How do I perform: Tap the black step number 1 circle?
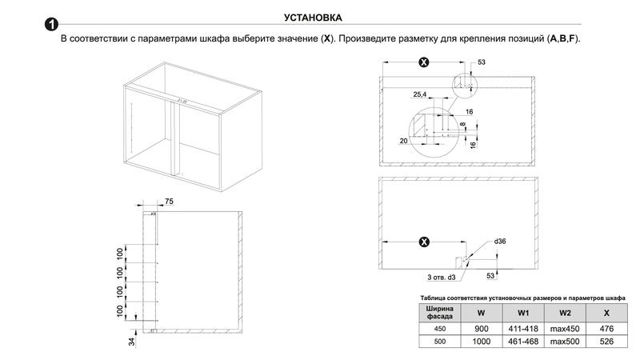click(x=50, y=30)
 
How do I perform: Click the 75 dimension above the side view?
click(x=170, y=200)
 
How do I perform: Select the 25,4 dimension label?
click(x=419, y=94)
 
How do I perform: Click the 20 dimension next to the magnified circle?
click(x=402, y=140)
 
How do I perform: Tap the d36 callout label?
click(x=501, y=241)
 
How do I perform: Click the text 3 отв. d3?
click(x=440, y=277)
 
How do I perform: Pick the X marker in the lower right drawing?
click(x=423, y=241)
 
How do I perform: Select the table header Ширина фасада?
click(x=437, y=313)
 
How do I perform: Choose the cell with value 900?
click(x=480, y=329)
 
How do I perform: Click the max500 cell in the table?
click(x=565, y=342)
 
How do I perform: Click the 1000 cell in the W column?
click(x=480, y=342)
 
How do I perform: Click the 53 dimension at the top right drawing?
click(x=482, y=62)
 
